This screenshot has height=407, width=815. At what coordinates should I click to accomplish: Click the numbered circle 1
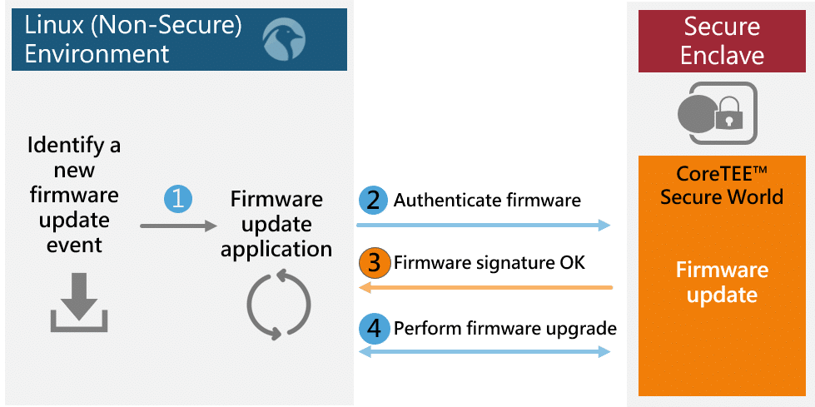tap(177, 198)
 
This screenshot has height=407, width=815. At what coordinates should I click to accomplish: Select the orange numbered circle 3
tap(374, 263)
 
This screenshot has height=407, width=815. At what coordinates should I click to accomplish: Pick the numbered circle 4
tap(374, 328)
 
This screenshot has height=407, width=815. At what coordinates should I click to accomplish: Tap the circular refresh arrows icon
tap(279, 305)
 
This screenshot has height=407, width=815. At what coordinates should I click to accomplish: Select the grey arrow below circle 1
tap(176, 226)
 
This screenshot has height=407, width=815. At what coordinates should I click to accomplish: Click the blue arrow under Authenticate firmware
tap(483, 225)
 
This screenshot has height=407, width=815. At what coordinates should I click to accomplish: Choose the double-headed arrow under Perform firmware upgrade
tap(484, 352)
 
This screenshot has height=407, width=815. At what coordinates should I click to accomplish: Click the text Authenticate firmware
tap(487, 201)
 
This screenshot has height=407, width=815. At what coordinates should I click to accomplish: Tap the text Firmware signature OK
tap(489, 263)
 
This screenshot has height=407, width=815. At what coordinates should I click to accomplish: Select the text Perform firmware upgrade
tap(504, 328)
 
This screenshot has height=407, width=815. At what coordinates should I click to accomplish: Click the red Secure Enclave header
tap(722, 40)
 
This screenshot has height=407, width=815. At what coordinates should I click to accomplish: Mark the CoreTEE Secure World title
tap(721, 186)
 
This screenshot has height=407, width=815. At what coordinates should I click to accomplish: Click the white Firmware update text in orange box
tap(721, 282)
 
